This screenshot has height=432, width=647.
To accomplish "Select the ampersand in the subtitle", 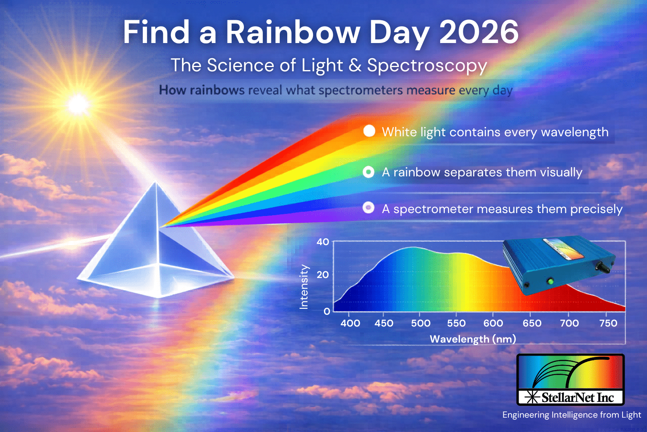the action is [355, 65].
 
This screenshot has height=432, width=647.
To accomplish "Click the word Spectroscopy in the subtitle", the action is [427, 66].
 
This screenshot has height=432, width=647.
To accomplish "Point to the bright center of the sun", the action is [78, 105].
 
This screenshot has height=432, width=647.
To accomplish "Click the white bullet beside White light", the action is [369, 131].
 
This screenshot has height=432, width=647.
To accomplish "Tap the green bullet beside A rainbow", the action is [369, 172].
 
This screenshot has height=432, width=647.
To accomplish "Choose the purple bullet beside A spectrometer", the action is [369, 208].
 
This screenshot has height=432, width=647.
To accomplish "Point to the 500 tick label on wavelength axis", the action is [420, 323].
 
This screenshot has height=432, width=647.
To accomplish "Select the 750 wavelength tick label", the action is [608, 323].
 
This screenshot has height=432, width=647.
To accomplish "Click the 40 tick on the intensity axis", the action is [323, 242].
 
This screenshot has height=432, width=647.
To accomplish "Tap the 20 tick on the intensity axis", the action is [323, 274].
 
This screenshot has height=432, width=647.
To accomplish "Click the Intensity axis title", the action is [304, 287].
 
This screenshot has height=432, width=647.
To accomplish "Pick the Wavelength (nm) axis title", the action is [473, 339].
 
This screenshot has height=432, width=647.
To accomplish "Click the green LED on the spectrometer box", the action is [550, 281].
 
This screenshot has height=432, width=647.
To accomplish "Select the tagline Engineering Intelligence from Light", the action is [572, 415].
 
